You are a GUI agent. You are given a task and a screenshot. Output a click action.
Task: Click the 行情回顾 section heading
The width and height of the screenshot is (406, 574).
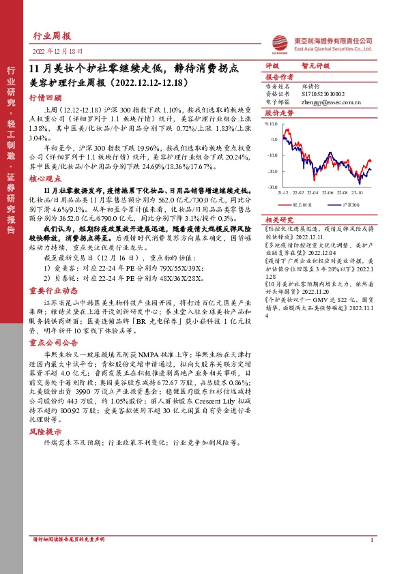(x=44, y=97)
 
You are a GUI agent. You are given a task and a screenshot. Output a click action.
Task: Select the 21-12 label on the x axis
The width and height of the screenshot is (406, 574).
(x=282, y=192)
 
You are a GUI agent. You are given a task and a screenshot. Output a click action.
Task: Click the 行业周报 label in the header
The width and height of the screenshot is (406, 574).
(x=51, y=37)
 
